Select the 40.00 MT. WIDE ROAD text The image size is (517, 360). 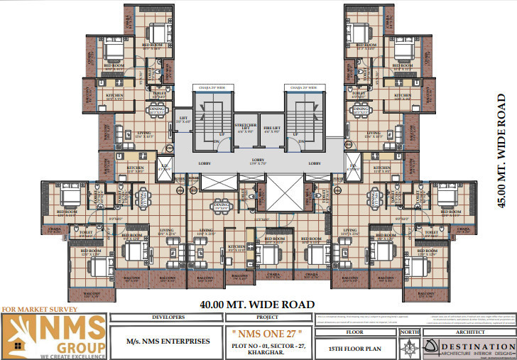tap(256, 305)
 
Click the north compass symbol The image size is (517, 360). tap(410, 346)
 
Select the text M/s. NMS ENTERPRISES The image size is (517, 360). tap(168, 341)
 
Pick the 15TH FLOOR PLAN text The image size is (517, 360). tap(355, 348)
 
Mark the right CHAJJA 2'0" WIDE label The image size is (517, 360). tap(304, 88)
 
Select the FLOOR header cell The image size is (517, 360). tap(355, 331)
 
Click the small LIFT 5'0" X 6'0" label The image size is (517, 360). tap(183, 120)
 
